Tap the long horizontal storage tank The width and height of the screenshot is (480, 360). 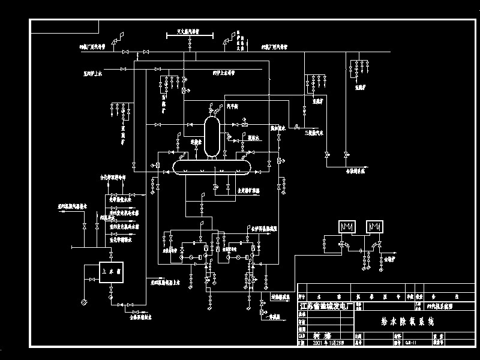(x=212, y=166)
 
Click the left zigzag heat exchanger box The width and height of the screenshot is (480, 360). (x=346, y=227)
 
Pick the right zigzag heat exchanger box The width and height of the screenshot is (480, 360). (x=377, y=227)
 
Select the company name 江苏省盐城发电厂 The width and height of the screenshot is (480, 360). (x=325, y=305)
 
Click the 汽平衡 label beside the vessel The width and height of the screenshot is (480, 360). (x=233, y=105)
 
